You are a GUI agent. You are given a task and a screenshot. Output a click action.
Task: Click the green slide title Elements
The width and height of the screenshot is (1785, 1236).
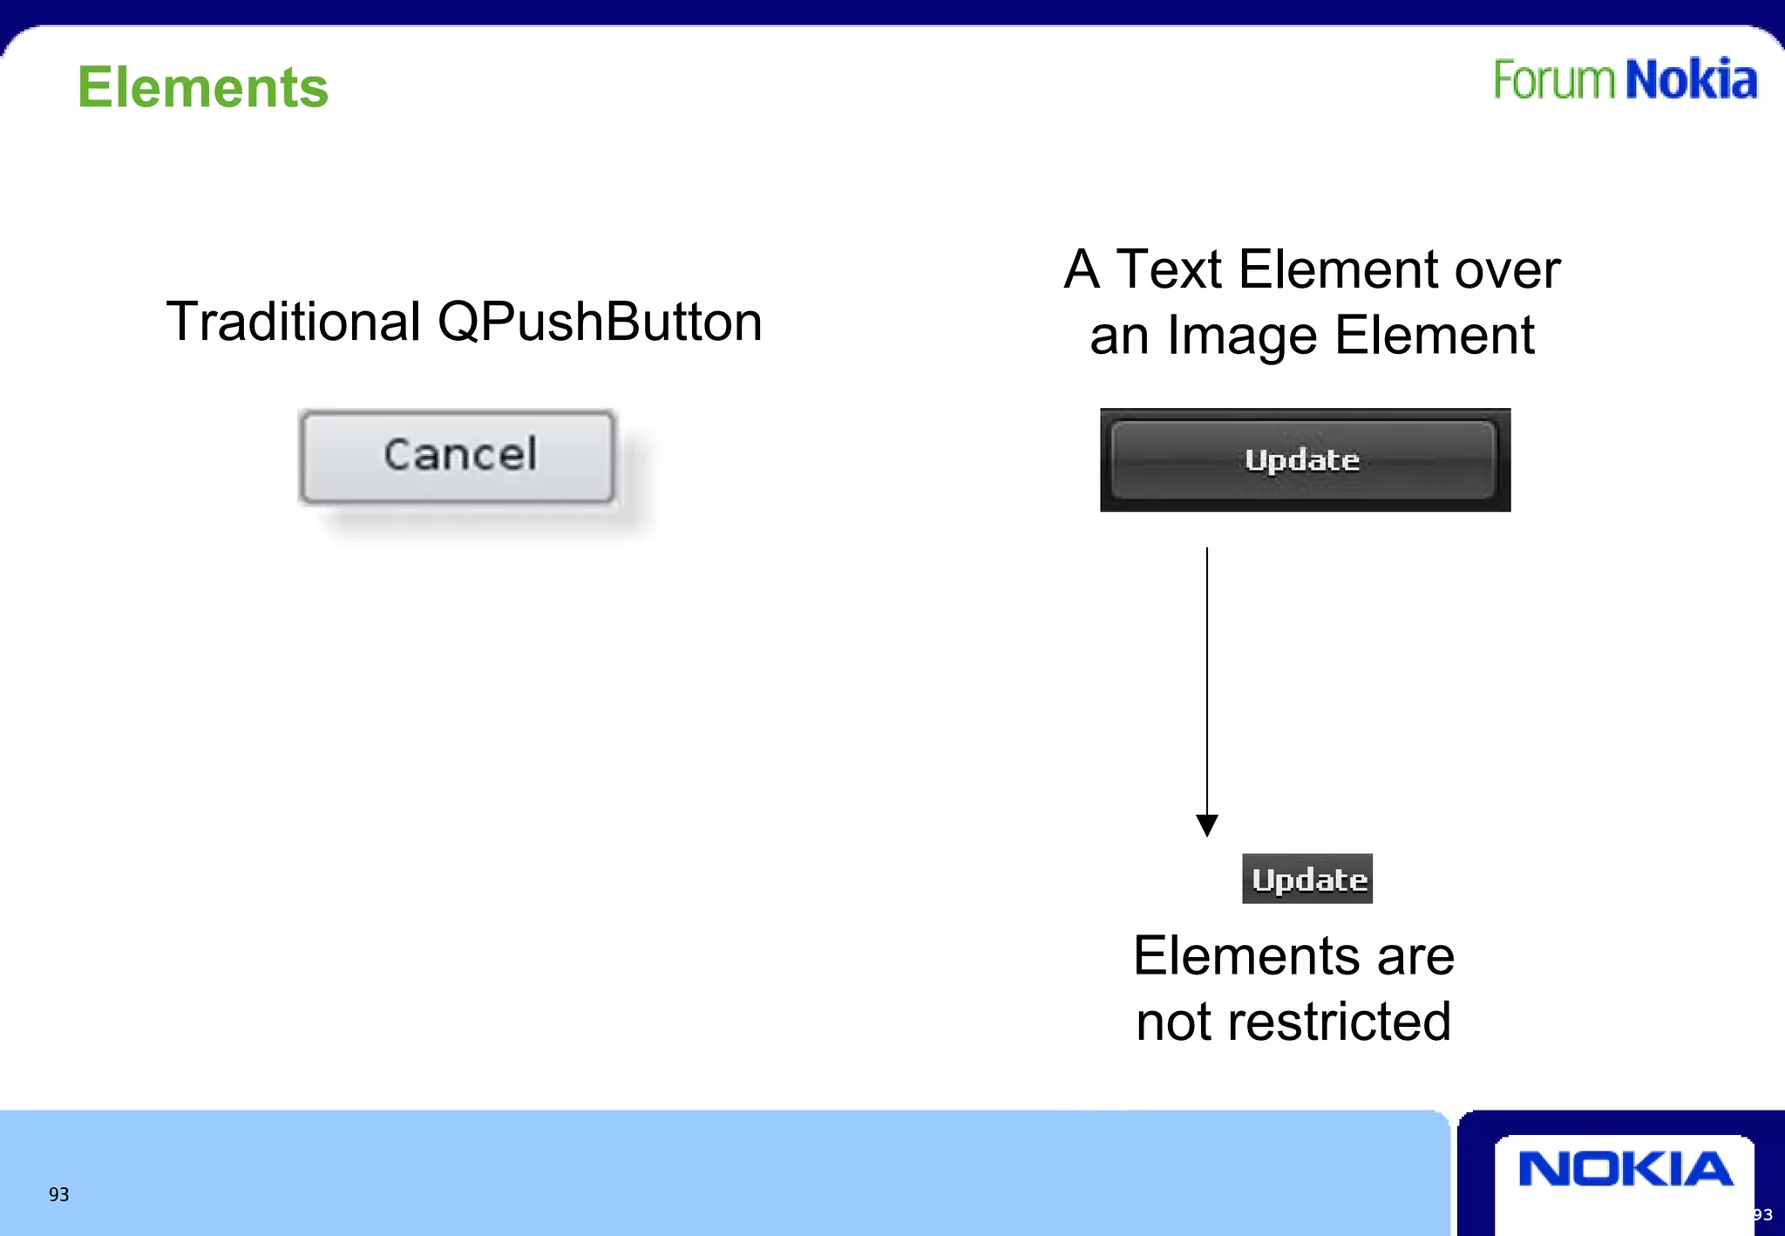[202, 88]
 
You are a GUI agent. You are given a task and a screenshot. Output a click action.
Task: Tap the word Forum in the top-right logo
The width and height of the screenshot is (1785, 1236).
[1555, 80]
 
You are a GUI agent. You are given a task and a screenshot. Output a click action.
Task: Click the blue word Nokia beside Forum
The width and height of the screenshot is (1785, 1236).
[1691, 80]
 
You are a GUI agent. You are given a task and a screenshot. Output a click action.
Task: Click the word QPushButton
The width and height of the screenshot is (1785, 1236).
[600, 322]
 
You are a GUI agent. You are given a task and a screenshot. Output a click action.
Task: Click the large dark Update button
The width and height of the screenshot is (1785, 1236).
[1304, 460]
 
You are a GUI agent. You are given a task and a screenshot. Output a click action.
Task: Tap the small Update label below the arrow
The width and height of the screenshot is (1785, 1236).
[1307, 879]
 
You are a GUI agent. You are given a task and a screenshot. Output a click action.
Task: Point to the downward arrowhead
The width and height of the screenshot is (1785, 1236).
[1207, 825]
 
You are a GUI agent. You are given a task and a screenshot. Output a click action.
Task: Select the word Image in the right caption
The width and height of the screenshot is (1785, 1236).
[1241, 336]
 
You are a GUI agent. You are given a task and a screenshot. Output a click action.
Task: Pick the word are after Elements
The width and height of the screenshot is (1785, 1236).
[1415, 956]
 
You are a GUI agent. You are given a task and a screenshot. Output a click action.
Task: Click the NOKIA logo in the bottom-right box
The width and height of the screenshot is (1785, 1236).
[1625, 1169]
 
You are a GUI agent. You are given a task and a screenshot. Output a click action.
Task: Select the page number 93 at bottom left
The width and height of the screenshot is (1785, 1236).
[58, 1195]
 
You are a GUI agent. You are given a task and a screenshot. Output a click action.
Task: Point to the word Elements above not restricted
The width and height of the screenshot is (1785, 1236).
[1246, 956]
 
